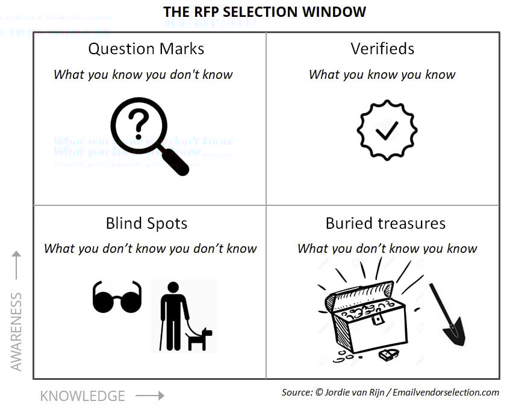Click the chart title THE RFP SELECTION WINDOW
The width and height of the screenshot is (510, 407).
coord(264,11)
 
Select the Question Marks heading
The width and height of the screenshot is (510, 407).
coord(146,49)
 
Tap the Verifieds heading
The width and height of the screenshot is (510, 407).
coord(382,49)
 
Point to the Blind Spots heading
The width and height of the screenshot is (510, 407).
coord(146,223)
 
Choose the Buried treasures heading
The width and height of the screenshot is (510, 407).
coord(385,223)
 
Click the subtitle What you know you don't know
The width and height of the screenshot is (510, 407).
coord(143,75)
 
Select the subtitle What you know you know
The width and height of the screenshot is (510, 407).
coord(382,75)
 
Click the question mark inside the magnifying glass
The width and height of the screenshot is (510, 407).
coord(138,124)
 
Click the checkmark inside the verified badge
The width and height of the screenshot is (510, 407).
coord(386,130)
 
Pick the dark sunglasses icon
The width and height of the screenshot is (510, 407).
coord(117,297)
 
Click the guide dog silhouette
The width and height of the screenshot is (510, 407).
coord(199,339)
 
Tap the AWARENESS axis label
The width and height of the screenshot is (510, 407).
coord(16,332)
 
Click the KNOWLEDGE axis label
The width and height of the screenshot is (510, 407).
coord(82,396)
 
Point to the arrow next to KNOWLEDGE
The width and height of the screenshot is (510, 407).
coord(150,396)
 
